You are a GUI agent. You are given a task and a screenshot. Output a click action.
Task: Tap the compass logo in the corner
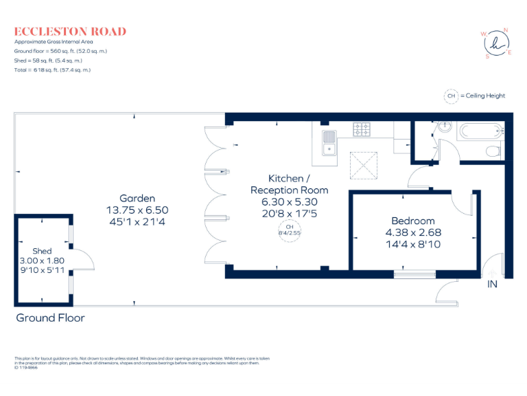pyautogui.click(x=496, y=43)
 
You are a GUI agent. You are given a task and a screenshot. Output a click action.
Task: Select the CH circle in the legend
pyautogui.click(x=451, y=96)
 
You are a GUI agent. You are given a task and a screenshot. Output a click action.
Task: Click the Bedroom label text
pyautogui.click(x=412, y=221)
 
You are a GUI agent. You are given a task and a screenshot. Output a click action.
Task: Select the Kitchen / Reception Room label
pyautogui.click(x=289, y=184)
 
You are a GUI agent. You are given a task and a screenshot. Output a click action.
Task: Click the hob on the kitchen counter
pyautogui.click(x=362, y=129)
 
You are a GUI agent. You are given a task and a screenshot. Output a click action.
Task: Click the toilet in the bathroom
pyautogui.click(x=493, y=151)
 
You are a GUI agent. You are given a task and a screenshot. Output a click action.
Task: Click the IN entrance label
pyautogui.click(x=492, y=283)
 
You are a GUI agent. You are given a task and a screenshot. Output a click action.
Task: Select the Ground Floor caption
pyautogui.click(x=50, y=318)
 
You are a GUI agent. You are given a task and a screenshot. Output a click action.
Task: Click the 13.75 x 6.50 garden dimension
pyautogui.click(x=137, y=210)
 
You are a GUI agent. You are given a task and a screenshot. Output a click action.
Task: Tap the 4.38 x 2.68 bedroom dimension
pyautogui.click(x=412, y=232)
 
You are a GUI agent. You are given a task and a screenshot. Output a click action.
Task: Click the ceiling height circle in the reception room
pyautogui.click(x=290, y=230)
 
